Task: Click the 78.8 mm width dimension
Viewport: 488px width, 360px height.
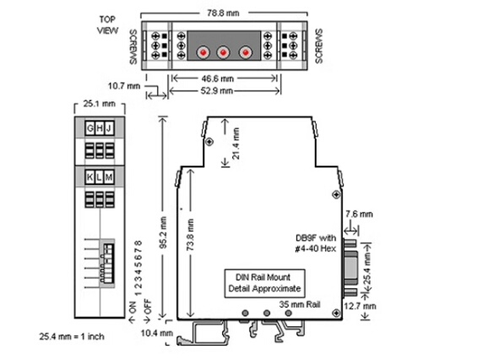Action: [x=223, y=13]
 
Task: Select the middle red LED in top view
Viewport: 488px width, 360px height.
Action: [x=223, y=52]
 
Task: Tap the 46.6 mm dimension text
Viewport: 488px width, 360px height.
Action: [x=217, y=79]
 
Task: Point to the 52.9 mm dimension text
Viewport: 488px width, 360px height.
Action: [x=216, y=91]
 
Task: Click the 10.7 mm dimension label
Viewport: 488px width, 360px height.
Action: [x=124, y=85]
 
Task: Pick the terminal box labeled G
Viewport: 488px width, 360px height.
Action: [x=90, y=128]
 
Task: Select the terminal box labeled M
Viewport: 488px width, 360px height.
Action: [x=109, y=177]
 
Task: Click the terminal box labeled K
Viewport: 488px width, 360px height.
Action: [x=90, y=177]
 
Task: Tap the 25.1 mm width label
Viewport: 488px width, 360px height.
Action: [x=100, y=103]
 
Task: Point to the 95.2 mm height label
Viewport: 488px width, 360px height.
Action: [x=164, y=232]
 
